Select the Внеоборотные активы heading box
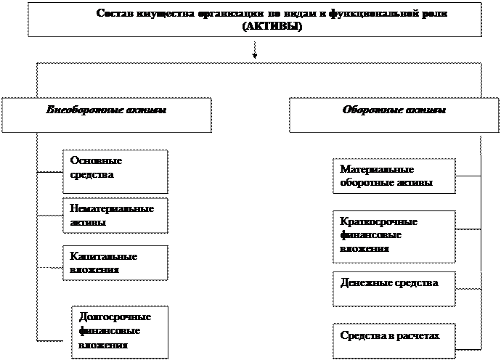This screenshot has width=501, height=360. click(x=106, y=115)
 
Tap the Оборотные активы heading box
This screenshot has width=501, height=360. click(x=394, y=115)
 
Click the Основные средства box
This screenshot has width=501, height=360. click(x=115, y=171)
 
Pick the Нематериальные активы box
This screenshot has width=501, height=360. click(x=114, y=216)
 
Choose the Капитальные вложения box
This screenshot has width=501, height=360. click(x=114, y=263)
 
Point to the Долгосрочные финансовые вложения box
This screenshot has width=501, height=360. click(x=120, y=332)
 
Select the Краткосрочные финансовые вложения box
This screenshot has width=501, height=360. click(x=394, y=236)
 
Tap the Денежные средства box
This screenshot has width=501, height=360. click(x=394, y=288)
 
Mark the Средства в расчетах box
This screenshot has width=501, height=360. click(x=394, y=339)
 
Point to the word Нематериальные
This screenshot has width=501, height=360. click(x=112, y=208)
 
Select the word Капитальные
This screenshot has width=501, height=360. click(x=104, y=256)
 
